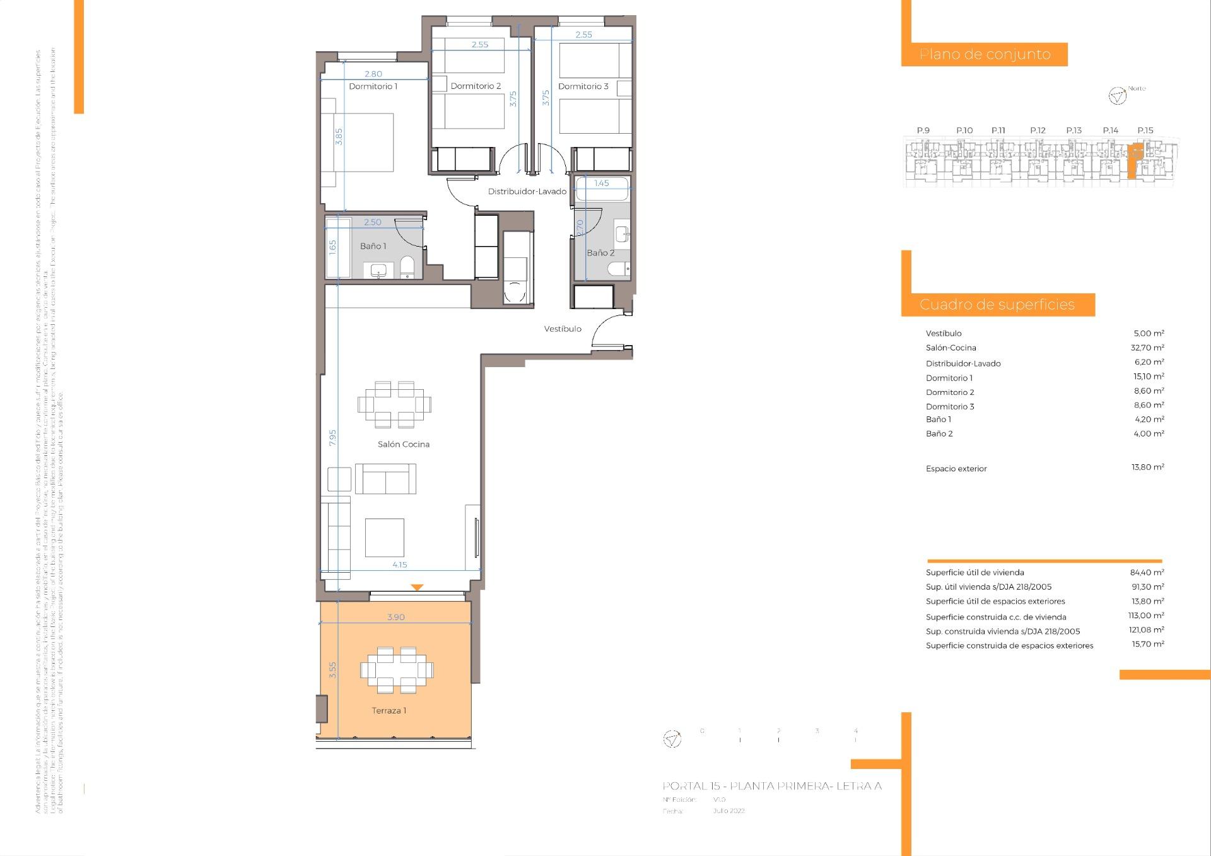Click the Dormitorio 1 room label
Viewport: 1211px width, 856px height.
point(373,86)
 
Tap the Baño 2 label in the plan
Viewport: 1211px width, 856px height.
point(600,253)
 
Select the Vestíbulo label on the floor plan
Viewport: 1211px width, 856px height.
point(563,329)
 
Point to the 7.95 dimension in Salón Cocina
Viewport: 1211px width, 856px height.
point(332,438)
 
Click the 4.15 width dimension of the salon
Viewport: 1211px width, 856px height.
point(399,565)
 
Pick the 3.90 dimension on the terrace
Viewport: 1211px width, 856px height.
point(395,617)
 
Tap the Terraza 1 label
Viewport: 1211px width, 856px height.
point(389,710)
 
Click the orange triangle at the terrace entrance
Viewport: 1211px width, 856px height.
point(416,587)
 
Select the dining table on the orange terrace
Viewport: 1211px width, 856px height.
point(397,670)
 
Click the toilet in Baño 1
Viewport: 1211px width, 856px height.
point(407,267)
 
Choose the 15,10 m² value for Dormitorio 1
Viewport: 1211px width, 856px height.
point(1148,377)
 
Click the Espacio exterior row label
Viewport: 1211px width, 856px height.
point(956,469)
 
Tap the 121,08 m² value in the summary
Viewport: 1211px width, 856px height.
point(1147,630)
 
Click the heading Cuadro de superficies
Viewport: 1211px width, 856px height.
point(997,305)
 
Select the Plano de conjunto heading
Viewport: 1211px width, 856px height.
point(985,54)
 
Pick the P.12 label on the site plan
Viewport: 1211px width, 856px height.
point(1038,131)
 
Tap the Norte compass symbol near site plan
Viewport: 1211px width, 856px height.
point(1117,96)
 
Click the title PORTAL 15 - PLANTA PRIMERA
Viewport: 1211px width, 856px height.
point(771,786)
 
